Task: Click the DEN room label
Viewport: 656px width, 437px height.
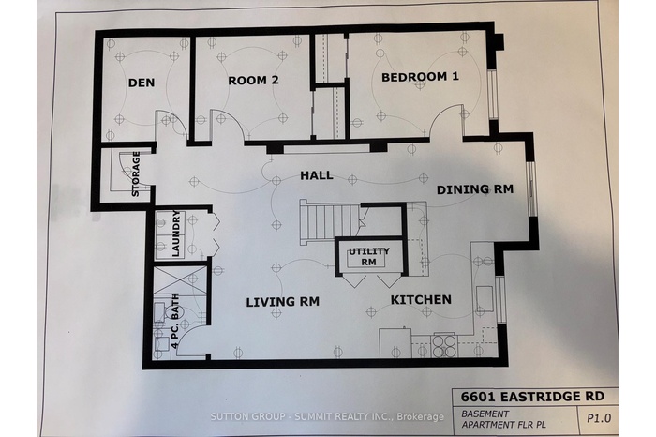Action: point(142,83)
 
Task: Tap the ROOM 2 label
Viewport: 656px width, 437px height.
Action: point(253,80)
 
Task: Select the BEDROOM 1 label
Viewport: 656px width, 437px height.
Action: point(420,77)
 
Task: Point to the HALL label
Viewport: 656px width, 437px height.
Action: point(317,175)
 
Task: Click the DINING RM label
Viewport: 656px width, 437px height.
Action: point(475,189)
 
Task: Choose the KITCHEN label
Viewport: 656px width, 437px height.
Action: point(421,300)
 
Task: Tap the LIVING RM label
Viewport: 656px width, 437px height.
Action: point(282,301)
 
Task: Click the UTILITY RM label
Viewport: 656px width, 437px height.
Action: point(368,257)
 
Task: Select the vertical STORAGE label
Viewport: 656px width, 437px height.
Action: point(136,174)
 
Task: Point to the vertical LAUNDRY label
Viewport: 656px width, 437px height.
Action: point(176,234)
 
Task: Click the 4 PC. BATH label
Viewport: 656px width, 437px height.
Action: point(175,321)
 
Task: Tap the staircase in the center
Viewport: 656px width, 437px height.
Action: point(329,222)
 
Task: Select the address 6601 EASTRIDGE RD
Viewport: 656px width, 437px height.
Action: point(532,396)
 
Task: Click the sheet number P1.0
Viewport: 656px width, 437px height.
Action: point(599,418)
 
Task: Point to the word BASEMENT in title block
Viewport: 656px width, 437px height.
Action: point(485,414)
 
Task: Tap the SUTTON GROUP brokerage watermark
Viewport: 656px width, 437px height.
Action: point(327,416)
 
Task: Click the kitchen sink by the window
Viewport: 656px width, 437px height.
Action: point(485,299)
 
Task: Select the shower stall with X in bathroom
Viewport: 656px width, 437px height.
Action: point(180,279)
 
